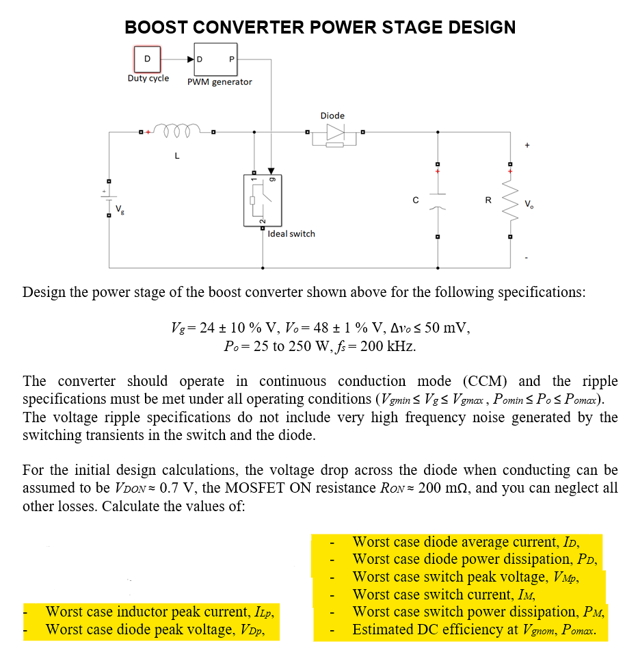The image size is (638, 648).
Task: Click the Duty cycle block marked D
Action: click(x=146, y=58)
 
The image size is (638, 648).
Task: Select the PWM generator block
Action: click(x=215, y=59)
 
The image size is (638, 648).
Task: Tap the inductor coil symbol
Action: click(x=176, y=129)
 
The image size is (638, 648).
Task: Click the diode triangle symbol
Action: click(x=334, y=132)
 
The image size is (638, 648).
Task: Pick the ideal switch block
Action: click(x=262, y=200)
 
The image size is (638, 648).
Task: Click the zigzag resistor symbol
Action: click(x=509, y=200)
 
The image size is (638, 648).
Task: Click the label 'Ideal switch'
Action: click(x=291, y=234)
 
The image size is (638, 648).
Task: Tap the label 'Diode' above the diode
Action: click(x=332, y=116)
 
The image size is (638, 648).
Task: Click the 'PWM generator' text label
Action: click(x=220, y=82)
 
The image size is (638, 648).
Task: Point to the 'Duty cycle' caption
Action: click(x=148, y=78)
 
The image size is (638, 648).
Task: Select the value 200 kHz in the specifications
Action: click(x=387, y=346)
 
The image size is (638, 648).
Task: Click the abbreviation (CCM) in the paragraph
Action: click(x=488, y=381)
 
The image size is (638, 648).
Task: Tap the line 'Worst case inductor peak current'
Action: click(x=163, y=612)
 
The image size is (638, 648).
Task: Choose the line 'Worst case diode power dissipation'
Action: click(x=475, y=560)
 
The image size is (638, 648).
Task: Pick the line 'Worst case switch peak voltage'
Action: click(x=467, y=577)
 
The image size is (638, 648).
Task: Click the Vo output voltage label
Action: click(x=529, y=204)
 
